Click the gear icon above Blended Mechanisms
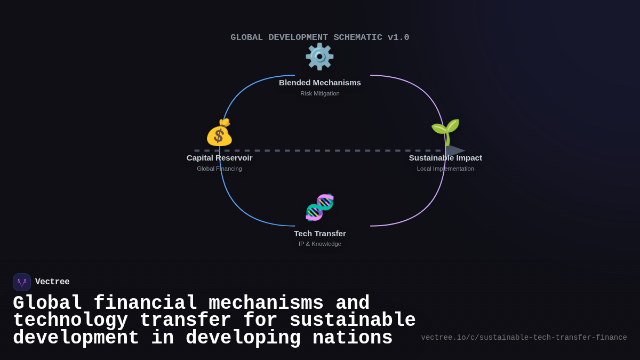coord(319,57)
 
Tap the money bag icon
coord(219,132)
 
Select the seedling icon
coord(445,131)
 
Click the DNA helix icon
coord(319,207)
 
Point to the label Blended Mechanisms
coord(320,83)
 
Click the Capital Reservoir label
coord(219,158)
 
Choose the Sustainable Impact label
coord(445,158)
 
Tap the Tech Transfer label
coord(320,234)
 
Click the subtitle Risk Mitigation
coord(320,93)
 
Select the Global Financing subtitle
coord(219,169)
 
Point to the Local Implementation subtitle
coord(445,169)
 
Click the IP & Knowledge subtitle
coord(320,244)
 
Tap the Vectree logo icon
coord(22,282)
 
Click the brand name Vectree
coord(52,282)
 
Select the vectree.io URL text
coord(524,338)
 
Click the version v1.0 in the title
coord(398,38)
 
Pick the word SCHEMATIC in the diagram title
coord(357,38)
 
